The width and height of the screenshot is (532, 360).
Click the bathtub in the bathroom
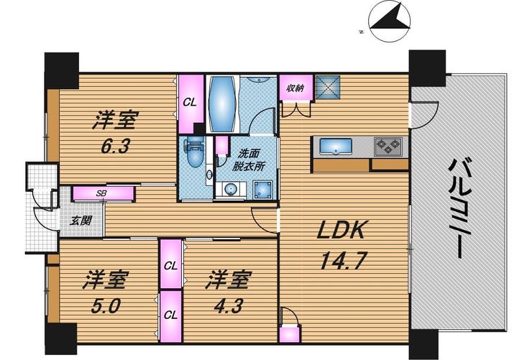coord(222,103)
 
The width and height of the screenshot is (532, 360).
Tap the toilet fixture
coord(193,154)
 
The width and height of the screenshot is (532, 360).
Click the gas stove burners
coord(388,147)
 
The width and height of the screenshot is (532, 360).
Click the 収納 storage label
coord(295,88)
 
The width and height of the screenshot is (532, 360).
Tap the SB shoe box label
coord(101,193)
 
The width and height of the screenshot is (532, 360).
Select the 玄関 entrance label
coord(81,221)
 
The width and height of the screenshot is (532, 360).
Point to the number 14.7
coord(344,261)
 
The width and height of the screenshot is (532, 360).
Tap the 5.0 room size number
coord(106,307)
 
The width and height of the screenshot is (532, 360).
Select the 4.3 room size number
coord(229,306)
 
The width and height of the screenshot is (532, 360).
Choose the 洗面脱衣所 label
coord(249,160)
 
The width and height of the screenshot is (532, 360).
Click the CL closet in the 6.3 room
coord(191,103)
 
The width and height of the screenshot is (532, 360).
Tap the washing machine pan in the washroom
coord(262,190)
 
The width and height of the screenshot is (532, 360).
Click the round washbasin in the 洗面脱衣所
coord(231,189)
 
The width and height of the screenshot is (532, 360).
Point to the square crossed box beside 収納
coord(328,87)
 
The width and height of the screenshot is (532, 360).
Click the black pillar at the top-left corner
coord(62,70)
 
